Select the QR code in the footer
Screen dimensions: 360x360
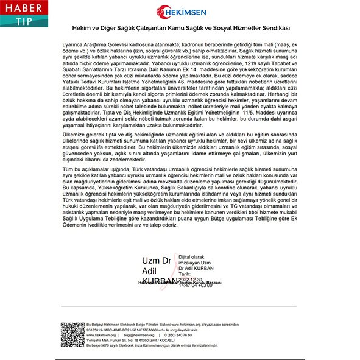click(x=71, y=334)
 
